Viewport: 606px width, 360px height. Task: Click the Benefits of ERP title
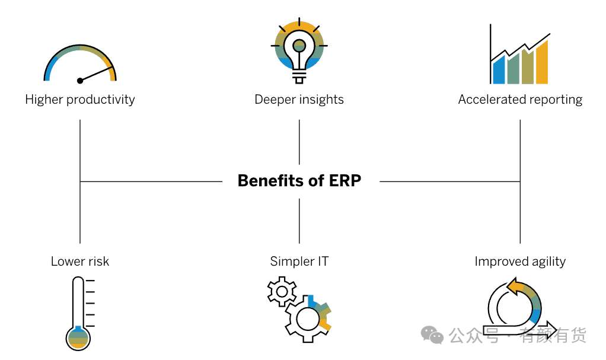click(x=299, y=180)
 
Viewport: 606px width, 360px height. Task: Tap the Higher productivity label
click(x=80, y=100)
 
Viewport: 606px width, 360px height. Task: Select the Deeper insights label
click(x=299, y=100)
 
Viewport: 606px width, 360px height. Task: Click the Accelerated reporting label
click(x=520, y=100)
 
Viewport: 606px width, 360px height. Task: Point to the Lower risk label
click(x=80, y=262)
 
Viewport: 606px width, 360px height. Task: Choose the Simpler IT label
click(x=299, y=262)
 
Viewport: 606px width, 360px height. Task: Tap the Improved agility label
click(x=520, y=262)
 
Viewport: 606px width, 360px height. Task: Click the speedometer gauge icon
click(x=80, y=64)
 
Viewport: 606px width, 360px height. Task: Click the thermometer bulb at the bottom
click(x=78, y=337)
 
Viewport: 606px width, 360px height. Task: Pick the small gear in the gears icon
click(x=282, y=291)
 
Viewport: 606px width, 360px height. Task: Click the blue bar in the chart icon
click(x=499, y=71)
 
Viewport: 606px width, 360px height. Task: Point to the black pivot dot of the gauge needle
click(x=80, y=81)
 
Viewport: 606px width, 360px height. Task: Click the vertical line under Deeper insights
click(x=299, y=142)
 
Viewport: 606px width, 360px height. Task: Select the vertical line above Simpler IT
click(x=299, y=221)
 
